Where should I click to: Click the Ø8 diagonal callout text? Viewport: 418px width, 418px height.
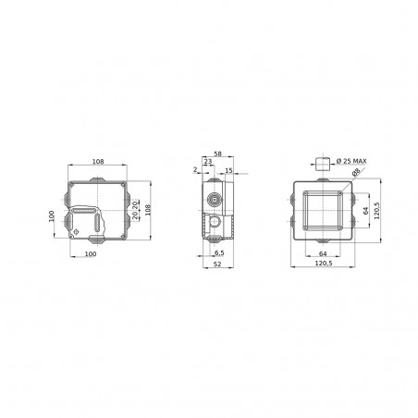tap(355, 176)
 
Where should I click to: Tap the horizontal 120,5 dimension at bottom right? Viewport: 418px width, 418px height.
tap(323, 265)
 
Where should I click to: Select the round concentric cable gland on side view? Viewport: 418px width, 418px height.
tap(215, 197)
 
